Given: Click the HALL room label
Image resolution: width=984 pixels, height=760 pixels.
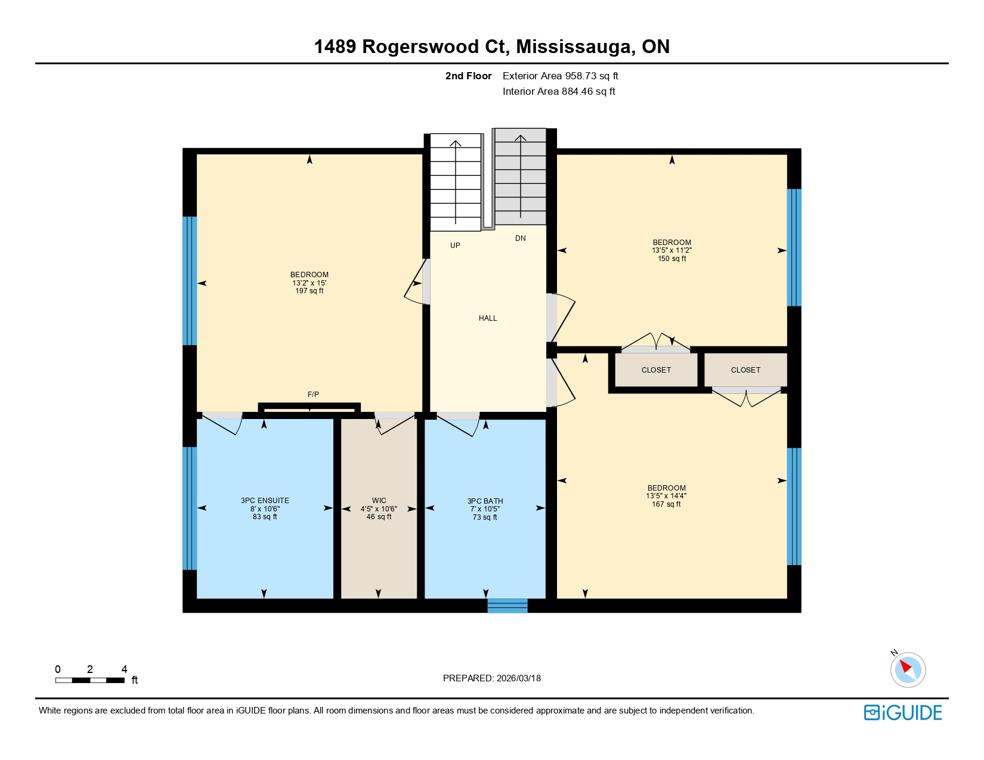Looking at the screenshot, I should (487, 318).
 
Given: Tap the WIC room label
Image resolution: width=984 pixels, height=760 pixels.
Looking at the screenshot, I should (379, 501).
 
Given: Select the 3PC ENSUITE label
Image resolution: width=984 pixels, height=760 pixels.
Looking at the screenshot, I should (265, 501).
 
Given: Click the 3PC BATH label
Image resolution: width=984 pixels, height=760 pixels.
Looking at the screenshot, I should (485, 501).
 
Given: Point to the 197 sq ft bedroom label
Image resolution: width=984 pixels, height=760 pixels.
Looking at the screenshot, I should (309, 283).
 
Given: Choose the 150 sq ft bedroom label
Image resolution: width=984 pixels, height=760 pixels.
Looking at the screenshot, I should (672, 250).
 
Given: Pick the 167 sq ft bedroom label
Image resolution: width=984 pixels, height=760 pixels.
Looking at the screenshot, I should (666, 496).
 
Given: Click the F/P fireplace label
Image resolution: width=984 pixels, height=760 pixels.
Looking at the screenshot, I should (313, 395).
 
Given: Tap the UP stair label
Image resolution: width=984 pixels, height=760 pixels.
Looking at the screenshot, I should (455, 246).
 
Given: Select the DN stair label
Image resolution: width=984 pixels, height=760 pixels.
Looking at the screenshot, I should (520, 238).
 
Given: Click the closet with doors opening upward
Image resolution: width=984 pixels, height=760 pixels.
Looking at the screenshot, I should (656, 370).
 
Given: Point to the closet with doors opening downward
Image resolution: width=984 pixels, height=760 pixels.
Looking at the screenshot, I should (745, 370).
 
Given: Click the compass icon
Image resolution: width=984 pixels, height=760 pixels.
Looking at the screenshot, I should (908, 669).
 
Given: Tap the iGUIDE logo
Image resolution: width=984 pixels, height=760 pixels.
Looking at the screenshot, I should (903, 712).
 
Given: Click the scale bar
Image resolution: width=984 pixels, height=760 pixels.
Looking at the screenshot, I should (89, 680).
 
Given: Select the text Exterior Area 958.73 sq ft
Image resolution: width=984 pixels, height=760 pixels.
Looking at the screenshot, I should (560, 76).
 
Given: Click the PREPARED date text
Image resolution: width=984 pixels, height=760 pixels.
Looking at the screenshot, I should (491, 678).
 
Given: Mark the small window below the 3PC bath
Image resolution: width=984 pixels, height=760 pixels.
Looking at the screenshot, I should (507, 606).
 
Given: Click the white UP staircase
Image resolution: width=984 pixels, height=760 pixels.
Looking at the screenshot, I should (455, 182).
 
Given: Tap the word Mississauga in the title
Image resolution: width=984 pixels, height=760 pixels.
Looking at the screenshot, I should (575, 46).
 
